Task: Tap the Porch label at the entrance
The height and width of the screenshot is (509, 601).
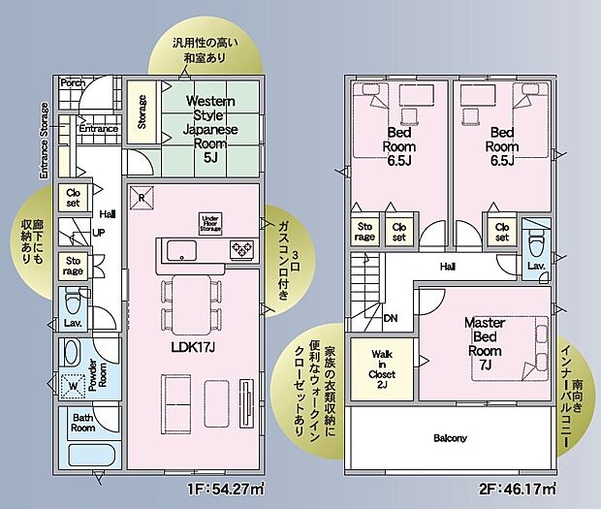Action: pyautogui.click(x=73, y=84)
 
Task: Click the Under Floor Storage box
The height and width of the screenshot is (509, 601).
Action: pyautogui.click(x=210, y=222)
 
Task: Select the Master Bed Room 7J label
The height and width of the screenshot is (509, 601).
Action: pyautogui.click(x=482, y=343)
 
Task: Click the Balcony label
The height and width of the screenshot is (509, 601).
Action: pyautogui.click(x=450, y=438)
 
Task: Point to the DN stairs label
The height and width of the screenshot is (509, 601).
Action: pyautogui.click(x=390, y=317)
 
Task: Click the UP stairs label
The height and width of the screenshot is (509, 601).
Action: pyautogui.click(x=98, y=234)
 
